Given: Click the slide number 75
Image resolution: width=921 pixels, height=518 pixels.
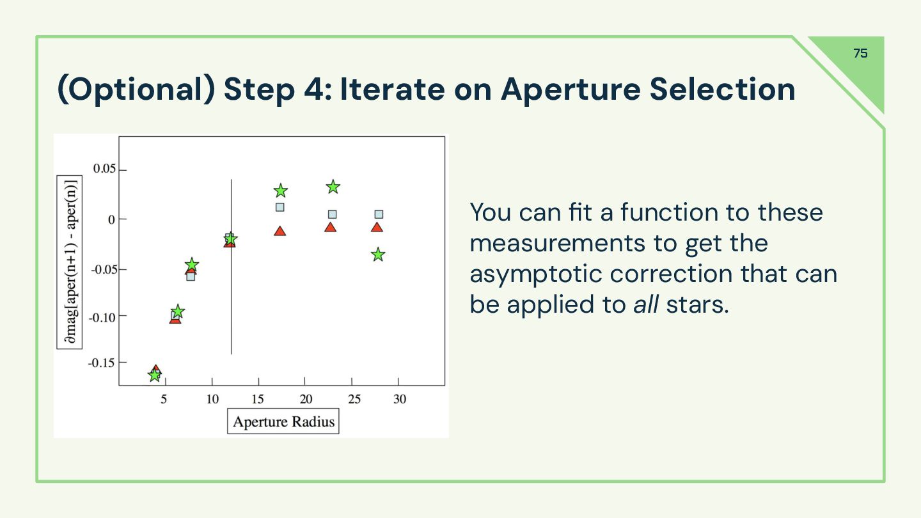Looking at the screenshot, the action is tap(860, 53).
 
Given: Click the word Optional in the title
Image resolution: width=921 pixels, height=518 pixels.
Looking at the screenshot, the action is tap(136, 90).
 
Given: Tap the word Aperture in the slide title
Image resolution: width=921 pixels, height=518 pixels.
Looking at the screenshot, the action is tap(571, 90).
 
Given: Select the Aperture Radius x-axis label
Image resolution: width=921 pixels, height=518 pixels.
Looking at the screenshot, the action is tap(283, 421).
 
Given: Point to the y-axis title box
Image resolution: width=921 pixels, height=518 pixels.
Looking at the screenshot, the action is tap(70, 262).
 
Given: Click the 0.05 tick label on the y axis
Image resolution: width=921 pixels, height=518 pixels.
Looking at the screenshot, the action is tap(104, 169).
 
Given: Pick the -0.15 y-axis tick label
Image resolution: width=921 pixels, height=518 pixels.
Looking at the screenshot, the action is tap(101, 363).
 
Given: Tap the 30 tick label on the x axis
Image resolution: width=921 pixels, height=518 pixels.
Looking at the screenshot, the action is tap(399, 399).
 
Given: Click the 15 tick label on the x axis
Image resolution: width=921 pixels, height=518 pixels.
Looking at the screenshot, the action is tap(258, 399).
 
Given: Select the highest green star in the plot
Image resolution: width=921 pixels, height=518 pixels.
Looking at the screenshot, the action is tap(333, 187).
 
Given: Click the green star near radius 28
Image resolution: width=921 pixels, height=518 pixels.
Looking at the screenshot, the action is tap(378, 255).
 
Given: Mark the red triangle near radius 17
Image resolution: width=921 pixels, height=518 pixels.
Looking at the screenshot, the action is tap(280, 231).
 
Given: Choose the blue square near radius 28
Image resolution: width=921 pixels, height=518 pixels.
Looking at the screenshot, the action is tap(379, 214).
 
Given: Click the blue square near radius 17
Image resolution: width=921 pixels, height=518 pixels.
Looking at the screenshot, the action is tap(280, 207).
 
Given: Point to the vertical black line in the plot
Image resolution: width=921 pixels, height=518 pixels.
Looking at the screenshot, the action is tap(232, 267).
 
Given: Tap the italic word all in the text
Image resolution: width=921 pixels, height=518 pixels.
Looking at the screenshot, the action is tap(646, 304).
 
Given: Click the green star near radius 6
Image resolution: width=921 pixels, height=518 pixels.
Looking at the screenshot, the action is tap(177, 311).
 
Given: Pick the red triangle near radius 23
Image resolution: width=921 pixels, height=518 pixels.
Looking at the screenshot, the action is tap(330, 228).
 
